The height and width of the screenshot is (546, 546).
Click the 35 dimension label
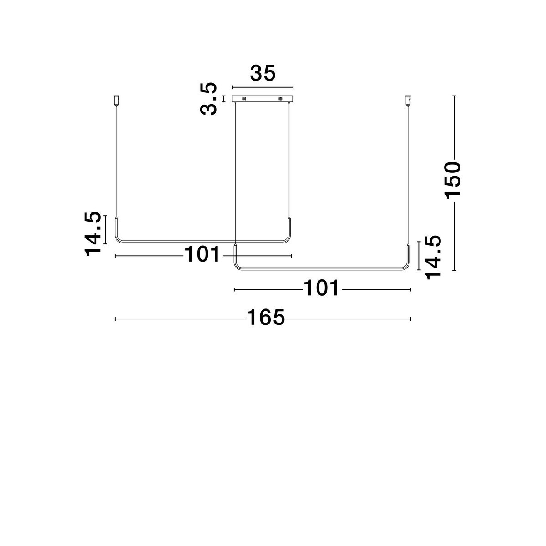(x=263, y=73)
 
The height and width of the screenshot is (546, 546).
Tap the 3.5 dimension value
(x=208, y=99)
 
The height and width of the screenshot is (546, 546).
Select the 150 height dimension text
(x=452, y=181)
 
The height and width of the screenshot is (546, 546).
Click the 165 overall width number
(x=265, y=317)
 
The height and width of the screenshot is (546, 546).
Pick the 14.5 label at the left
(x=92, y=234)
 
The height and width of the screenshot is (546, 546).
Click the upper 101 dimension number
(x=202, y=254)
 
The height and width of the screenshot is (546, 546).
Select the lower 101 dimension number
(x=321, y=288)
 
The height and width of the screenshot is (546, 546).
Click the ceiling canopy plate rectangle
(x=263, y=99)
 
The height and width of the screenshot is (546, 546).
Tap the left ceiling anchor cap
(x=116, y=100)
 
